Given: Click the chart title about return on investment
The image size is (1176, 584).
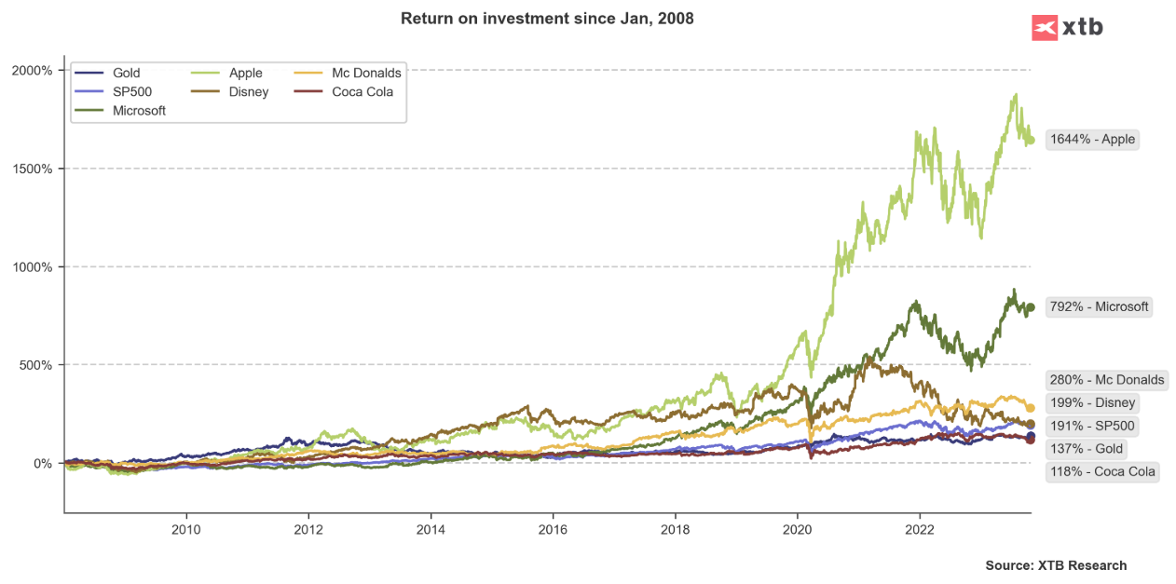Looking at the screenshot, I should coord(547,19).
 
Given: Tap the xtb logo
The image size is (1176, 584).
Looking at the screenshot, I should coord(1067,27).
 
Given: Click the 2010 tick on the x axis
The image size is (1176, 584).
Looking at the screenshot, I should coord(186,528).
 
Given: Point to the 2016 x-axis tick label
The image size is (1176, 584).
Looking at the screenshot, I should coord(553,528).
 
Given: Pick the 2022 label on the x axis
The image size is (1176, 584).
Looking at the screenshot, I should coord(920,528).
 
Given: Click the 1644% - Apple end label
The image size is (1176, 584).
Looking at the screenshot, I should coord(1092,140).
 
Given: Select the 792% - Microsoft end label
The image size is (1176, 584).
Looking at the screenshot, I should coord(1099,306).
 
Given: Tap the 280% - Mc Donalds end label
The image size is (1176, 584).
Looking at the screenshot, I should coord(1106,380).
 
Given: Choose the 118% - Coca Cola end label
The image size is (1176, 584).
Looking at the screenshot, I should coord(1102,471).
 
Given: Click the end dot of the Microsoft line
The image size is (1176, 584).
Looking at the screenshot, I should coord(1031,307).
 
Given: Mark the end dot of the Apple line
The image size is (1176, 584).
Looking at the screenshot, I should coord(1031,141).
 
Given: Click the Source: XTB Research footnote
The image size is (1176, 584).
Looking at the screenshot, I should coord(1056,565).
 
